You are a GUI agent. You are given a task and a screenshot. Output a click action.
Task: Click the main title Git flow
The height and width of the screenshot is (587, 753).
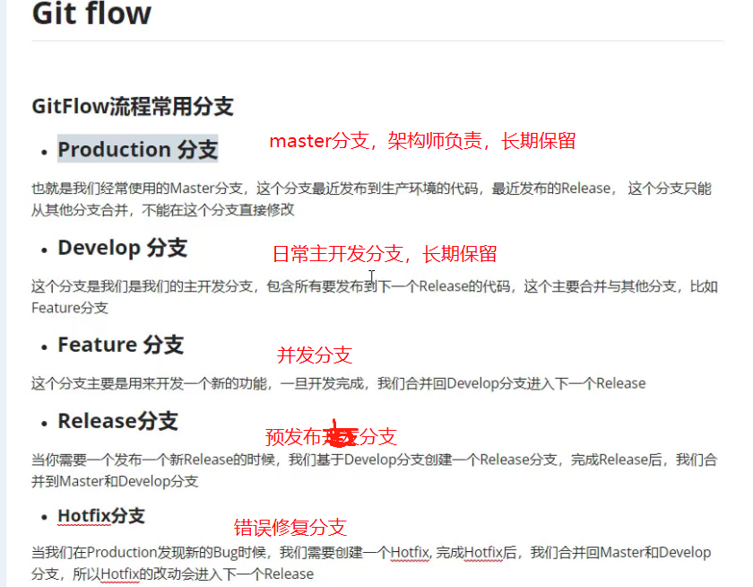pos(91,14)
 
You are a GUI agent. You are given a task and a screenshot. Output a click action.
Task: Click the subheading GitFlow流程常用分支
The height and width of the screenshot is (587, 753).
pos(132,107)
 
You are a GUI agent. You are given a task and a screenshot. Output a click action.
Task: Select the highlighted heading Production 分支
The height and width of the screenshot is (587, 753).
pos(137,149)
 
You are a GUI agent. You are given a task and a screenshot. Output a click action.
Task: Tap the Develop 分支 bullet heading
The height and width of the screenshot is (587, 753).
pos(122,248)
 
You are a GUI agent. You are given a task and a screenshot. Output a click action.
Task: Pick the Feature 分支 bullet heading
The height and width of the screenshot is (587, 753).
pos(120,345)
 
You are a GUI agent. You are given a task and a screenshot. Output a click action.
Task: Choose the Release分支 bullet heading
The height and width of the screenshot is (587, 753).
pos(117,421)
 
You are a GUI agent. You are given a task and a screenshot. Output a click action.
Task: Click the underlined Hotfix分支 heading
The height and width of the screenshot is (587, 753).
pos(100,516)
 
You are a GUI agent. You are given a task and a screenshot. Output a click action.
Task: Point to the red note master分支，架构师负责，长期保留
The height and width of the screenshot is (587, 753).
pos(422,141)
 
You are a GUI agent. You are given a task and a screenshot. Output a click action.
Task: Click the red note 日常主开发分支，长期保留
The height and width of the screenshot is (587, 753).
pos(385,254)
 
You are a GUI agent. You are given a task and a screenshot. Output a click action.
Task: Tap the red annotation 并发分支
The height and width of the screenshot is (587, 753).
pos(315,355)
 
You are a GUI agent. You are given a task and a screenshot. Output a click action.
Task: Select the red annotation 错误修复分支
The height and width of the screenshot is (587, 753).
pos(290,528)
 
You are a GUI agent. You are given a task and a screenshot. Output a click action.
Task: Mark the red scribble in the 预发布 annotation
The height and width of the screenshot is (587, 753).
pos(342,436)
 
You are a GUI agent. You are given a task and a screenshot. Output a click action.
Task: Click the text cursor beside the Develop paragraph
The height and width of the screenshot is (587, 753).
pos(371,277)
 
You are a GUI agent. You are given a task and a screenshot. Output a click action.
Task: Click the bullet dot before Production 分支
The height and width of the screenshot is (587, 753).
pos(44,152)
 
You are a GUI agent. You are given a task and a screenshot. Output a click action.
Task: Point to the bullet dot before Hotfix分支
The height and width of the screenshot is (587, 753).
pos(44,518)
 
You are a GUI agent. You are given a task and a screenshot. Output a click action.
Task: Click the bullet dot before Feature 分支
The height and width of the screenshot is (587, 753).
pos(44,347)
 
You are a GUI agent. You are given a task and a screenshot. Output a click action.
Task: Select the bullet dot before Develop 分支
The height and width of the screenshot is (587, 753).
pos(44,250)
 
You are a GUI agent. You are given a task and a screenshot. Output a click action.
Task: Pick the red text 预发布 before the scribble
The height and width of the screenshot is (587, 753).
pos(294,437)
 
